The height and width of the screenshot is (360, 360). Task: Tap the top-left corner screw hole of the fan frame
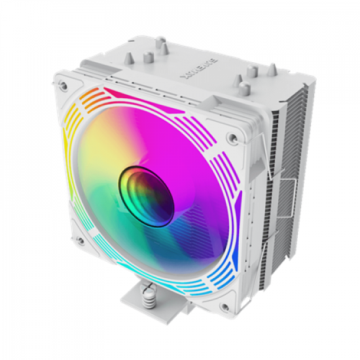pyautogui.click(x=64, y=84)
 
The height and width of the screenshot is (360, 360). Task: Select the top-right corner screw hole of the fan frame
pyautogui.click(x=230, y=137)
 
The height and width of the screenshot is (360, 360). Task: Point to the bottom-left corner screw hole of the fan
pyautogui.click(x=81, y=240)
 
